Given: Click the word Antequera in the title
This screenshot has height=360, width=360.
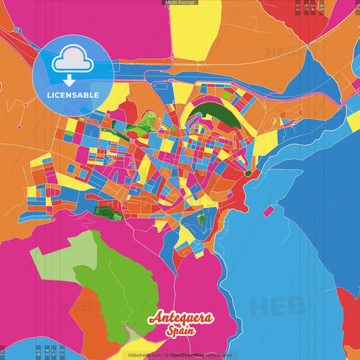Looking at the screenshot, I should click(x=181, y=317).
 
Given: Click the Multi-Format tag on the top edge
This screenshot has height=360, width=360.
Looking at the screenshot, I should click(x=180, y=3).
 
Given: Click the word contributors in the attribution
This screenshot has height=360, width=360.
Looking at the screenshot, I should click(x=220, y=355).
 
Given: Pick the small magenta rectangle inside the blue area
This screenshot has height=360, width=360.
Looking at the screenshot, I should click(x=268, y=211).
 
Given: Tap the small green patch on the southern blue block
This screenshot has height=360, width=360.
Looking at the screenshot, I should click(x=201, y=217).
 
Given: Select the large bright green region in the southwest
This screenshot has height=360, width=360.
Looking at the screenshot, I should click(x=115, y=284).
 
